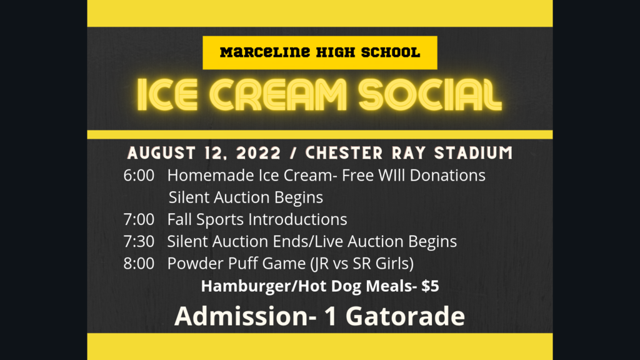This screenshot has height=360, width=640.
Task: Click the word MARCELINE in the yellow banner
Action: pos(265,52)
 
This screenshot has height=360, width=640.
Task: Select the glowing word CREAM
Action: pos(279,95)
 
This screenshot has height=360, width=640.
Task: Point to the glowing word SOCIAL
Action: pos(430,95)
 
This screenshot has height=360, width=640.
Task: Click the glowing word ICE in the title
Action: pos(167,95)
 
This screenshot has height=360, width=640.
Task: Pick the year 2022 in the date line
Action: pos(259,154)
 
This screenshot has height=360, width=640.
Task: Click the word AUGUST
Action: pos(162,154)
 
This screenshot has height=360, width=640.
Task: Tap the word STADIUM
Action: pos(474,154)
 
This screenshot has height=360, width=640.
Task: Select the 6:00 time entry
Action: pos(139,176)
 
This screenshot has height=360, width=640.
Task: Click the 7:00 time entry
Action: pos(139,219)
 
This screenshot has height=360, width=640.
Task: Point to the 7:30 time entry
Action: pos(139,242)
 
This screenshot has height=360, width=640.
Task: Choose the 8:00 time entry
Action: pos(139,264)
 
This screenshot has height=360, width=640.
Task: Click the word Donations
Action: pos(447,176)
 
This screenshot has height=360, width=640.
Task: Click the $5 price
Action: pos(430,286)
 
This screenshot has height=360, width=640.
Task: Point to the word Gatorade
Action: pos(405,316)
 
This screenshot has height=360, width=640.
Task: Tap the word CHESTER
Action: pos(344,154)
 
